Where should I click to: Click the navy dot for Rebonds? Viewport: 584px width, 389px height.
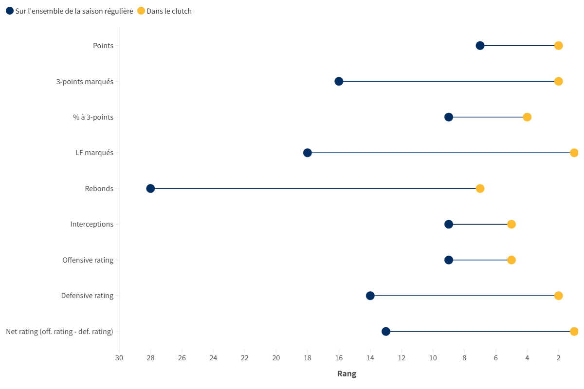tap(150, 189)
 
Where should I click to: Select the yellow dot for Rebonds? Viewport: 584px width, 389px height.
tap(480, 189)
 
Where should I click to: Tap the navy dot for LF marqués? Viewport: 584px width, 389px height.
tap(308, 153)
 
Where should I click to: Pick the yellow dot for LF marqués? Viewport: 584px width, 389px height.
tap(574, 153)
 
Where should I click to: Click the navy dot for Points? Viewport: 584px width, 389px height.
tap(480, 46)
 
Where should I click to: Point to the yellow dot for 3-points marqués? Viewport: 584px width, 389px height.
tap(558, 81)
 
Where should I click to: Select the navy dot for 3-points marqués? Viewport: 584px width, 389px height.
tap(339, 81)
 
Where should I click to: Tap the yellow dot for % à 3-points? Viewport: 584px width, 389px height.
tap(527, 117)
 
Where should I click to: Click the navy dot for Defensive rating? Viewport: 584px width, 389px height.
tap(370, 296)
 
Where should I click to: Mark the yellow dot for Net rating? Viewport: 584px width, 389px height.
tap(574, 332)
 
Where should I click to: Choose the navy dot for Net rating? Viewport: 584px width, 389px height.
tap(386, 332)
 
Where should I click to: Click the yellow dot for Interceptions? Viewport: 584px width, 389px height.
tap(511, 224)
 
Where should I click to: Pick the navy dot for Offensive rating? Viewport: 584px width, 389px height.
tap(449, 260)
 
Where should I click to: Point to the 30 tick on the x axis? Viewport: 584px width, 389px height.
tap(119, 358)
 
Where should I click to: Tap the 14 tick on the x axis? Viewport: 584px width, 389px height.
tap(370, 358)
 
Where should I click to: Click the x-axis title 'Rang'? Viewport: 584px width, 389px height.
tap(347, 374)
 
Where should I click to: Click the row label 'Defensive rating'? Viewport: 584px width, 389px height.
tap(87, 296)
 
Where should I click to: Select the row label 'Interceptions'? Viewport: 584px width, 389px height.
tap(91, 224)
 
